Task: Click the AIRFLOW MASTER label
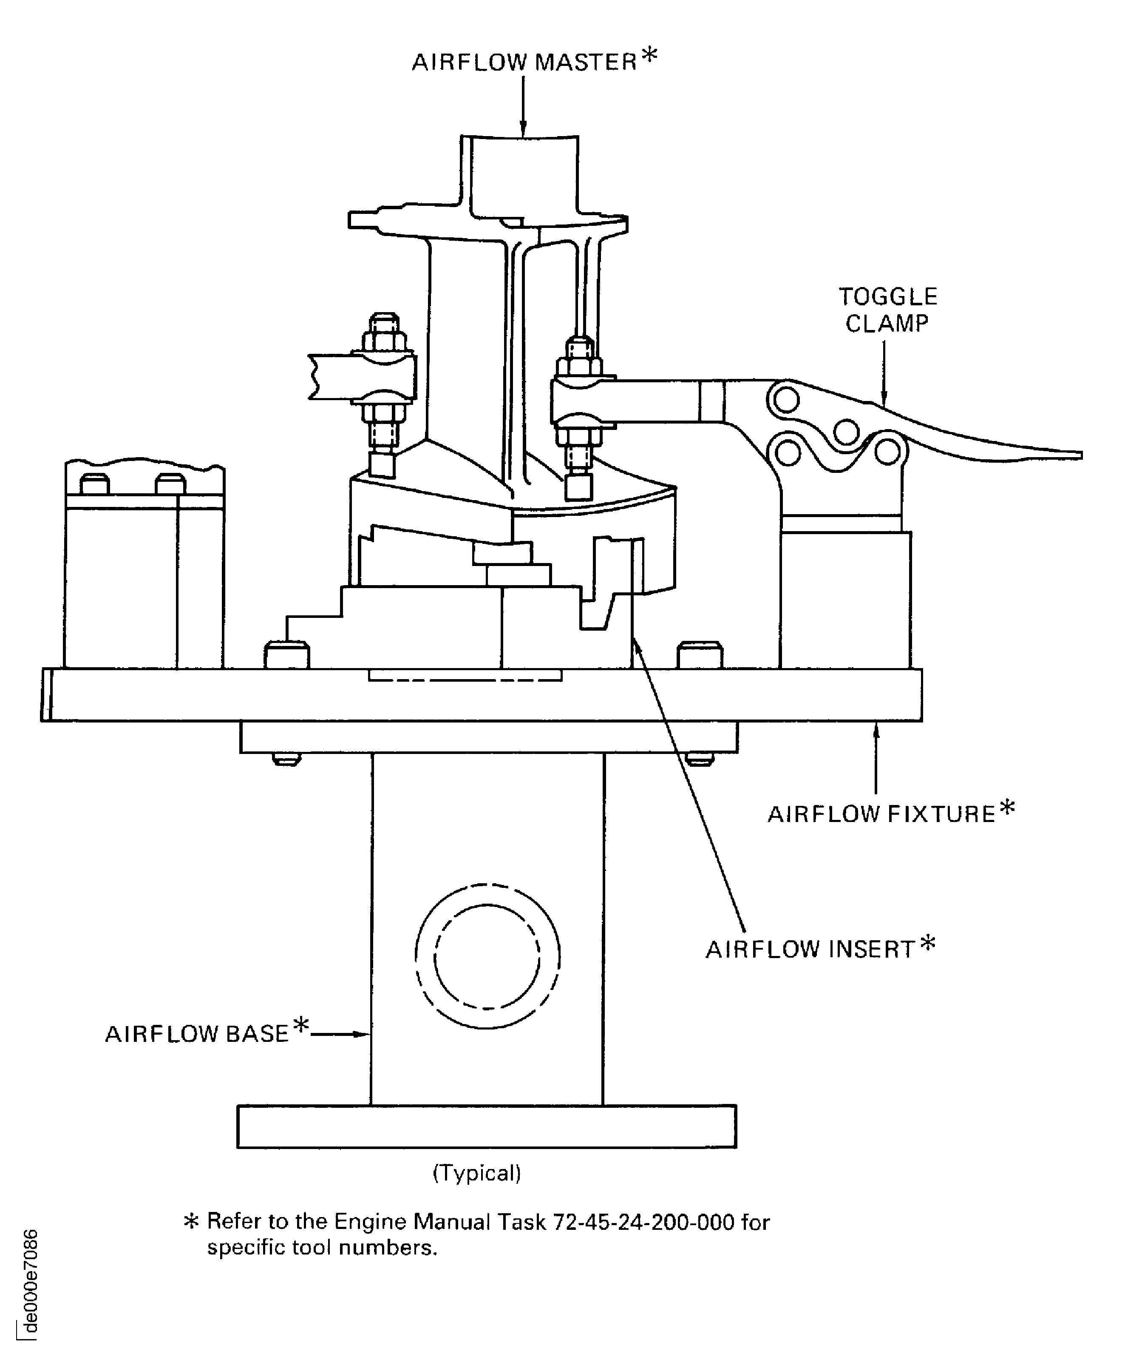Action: tap(524, 63)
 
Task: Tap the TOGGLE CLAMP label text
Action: tap(887, 310)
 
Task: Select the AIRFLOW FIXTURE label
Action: tap(881, 814)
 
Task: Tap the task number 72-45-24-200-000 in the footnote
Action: tap(644, 1222)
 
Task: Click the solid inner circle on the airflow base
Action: tap(487, 956)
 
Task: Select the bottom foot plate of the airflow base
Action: tap(487, 1126)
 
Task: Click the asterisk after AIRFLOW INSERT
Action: tap(928, 944)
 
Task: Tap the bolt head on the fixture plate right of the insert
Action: tap(700, 654)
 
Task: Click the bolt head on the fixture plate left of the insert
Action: tap(287, 654)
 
